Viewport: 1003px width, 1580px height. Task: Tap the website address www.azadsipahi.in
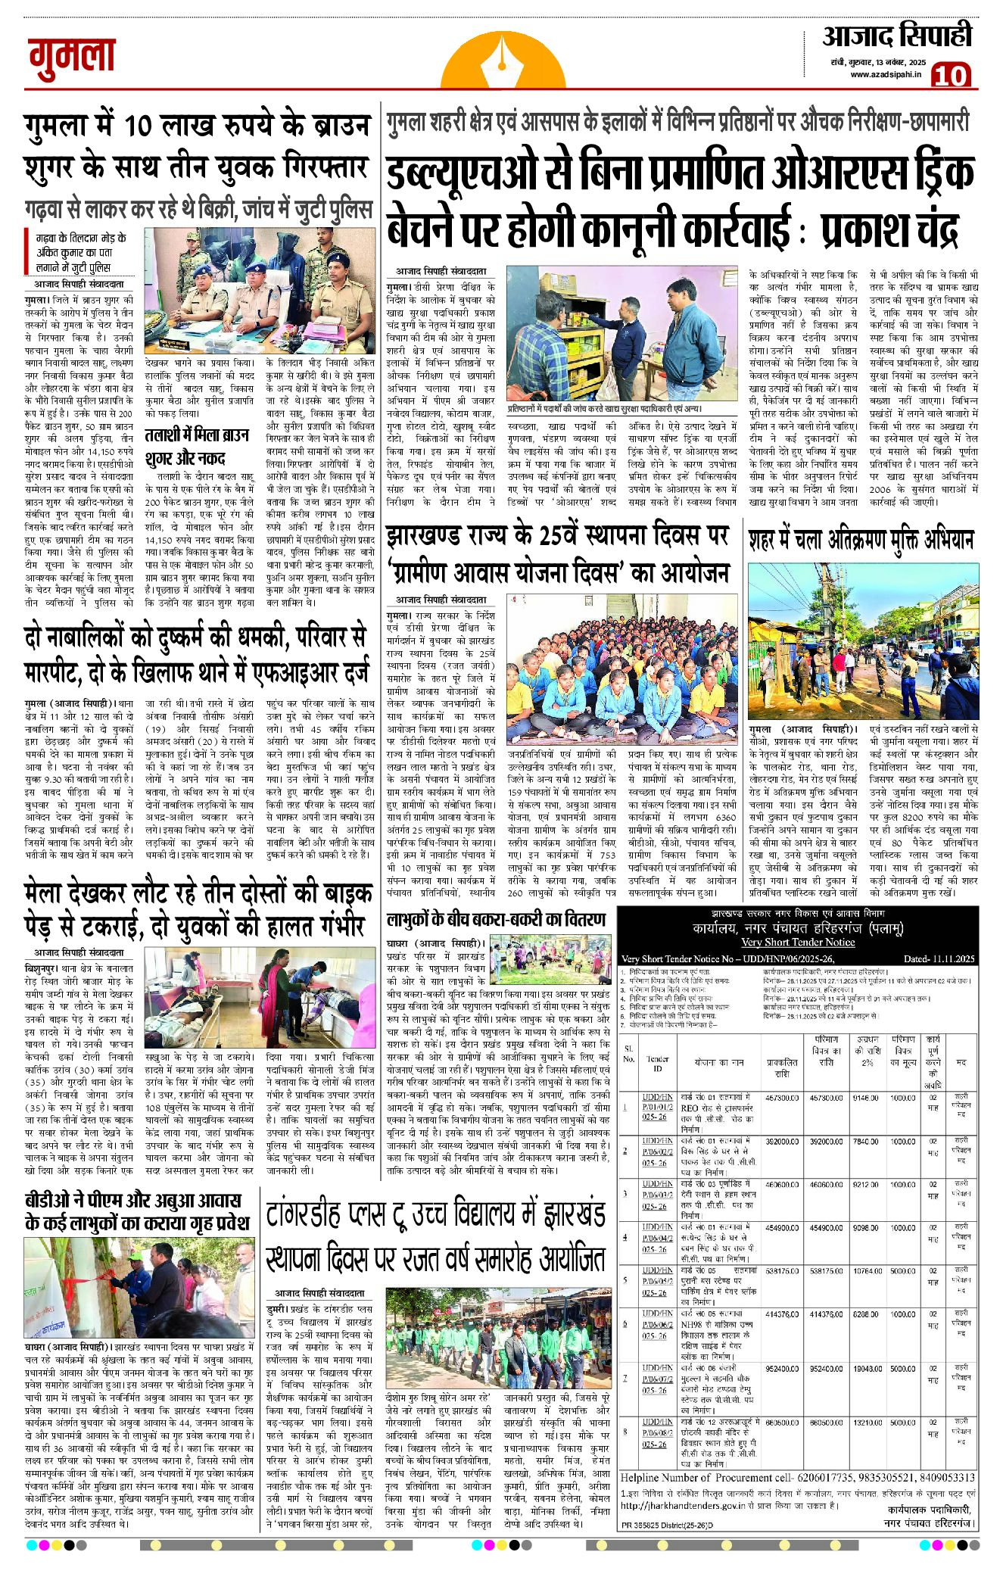tap(884, 74)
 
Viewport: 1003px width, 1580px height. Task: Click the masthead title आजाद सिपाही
tap(897, 36)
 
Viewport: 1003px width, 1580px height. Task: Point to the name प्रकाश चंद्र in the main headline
tap(890, 227)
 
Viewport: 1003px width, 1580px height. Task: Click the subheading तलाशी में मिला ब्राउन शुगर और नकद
tap(198, 447)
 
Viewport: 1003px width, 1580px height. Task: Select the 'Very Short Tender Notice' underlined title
tap(798, 942)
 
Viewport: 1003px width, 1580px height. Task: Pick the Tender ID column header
tap(657, 1063)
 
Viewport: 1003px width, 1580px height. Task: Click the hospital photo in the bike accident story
tap(258, 996)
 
